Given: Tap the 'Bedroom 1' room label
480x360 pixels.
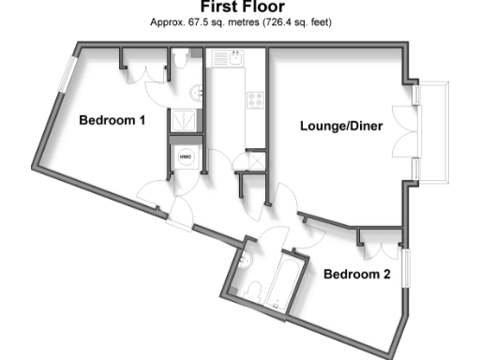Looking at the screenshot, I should pyautogui.click(x=112, y=120).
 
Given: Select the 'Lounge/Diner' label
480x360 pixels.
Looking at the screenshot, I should pyautogui.click(x=341, y=125).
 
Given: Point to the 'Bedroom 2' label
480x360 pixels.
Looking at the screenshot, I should pyautogui.click(x=357, y=275).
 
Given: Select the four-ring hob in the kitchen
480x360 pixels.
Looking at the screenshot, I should pyautogui.click(x=255, y=98).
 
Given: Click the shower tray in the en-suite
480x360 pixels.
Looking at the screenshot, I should pyautogui.click(x=185, y=121).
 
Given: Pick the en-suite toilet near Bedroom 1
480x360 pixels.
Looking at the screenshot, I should pyautogui.click(x=180, y=61).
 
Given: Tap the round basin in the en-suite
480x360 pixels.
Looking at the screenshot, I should pyautogui.click(x=194, y=93).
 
